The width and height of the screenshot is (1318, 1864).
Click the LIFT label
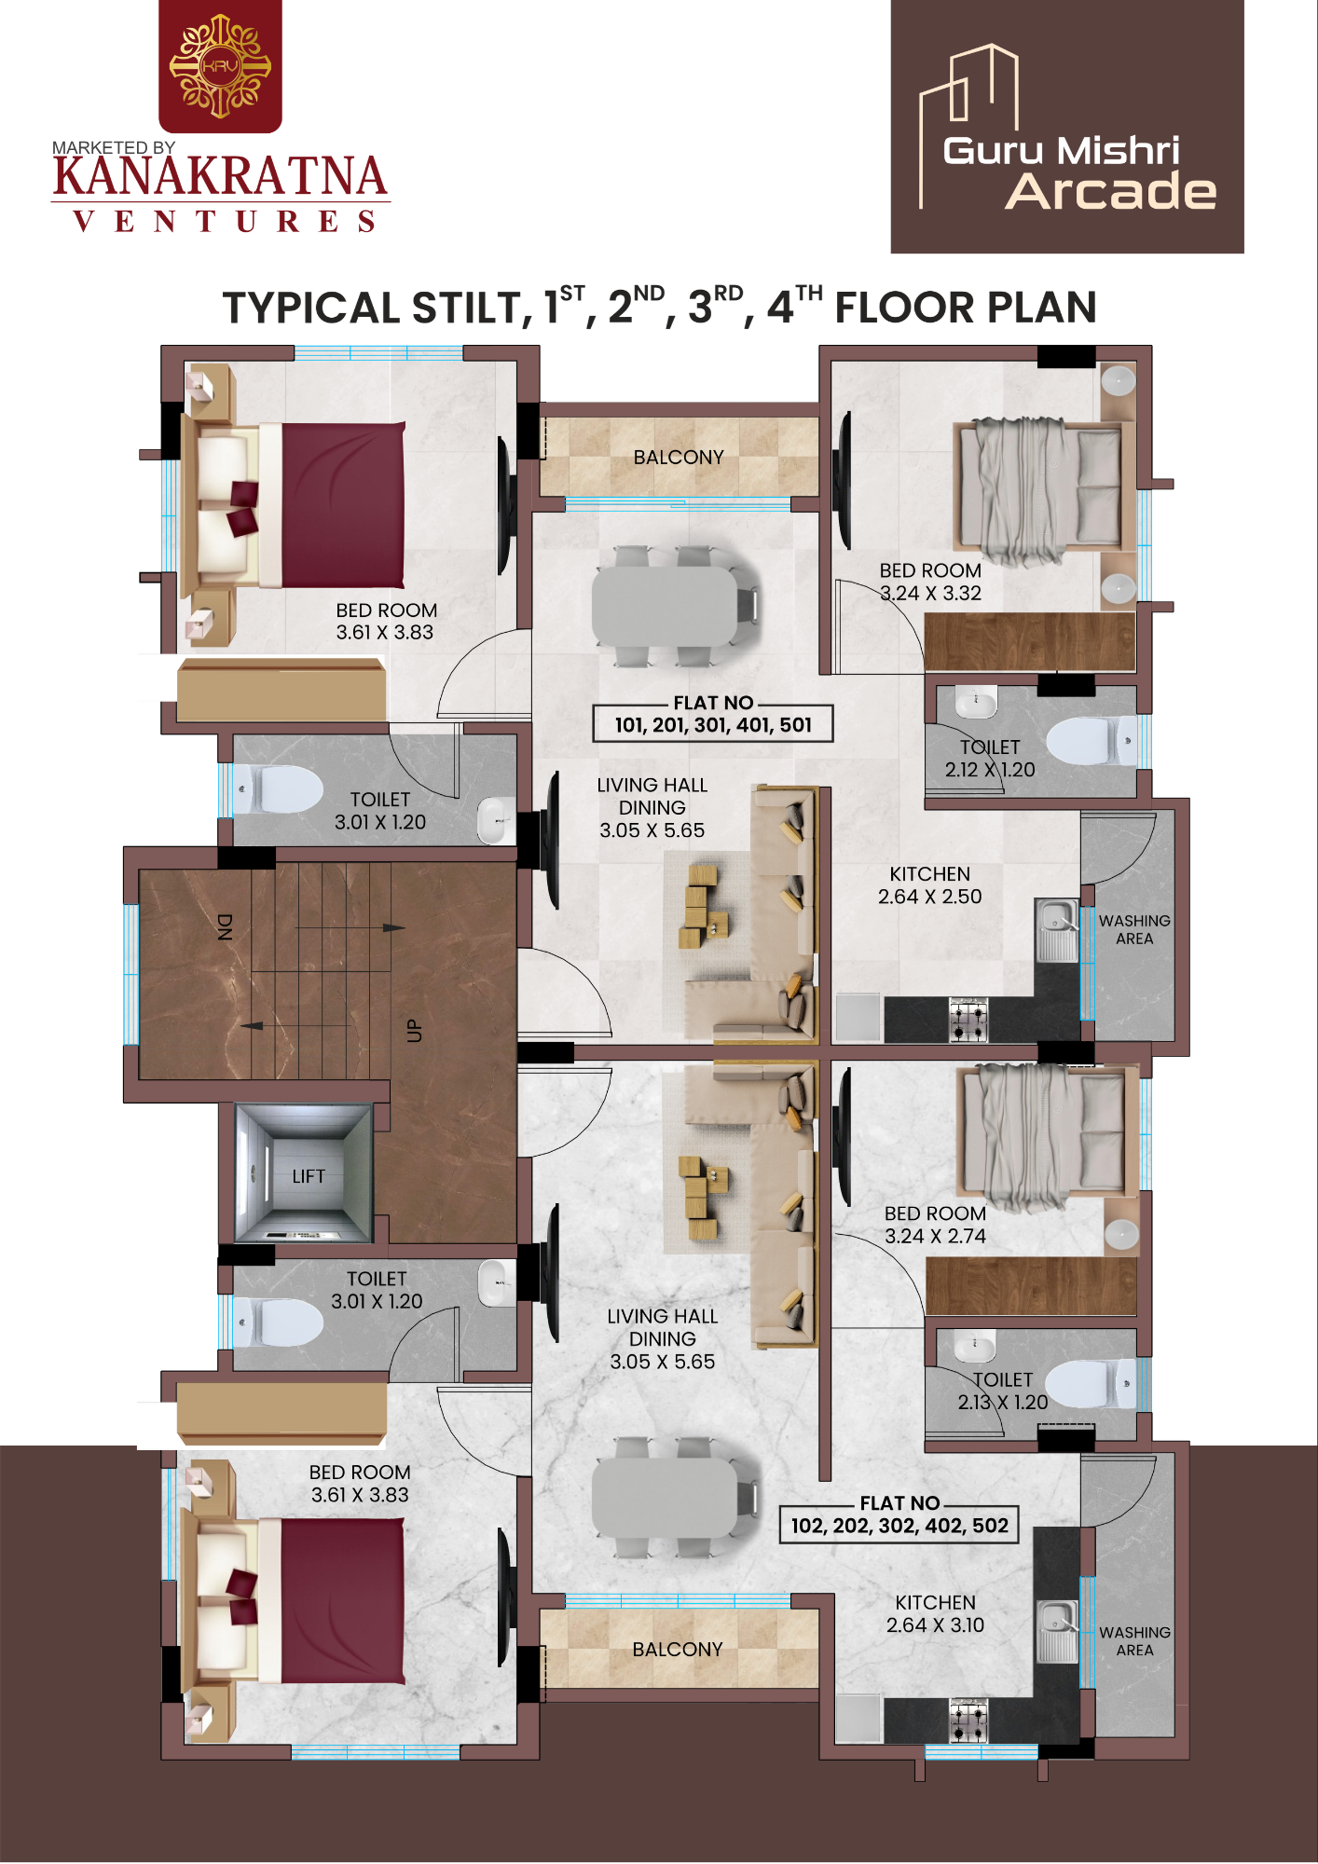(x=309, y=1176)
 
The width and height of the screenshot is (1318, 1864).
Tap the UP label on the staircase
(x=414, y=1031)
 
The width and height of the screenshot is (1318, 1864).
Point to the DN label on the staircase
(x=224, y=926)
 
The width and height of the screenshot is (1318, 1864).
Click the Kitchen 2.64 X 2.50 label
(x=929, y=885)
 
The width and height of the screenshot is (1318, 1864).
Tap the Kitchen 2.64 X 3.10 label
(x=935, y=1613)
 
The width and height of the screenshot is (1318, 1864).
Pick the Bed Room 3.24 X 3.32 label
(x=930, y=582)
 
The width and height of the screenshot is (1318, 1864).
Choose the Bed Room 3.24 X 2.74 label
(x=935, y=1225)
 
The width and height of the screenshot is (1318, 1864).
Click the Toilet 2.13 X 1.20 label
(x=1003, y=1391)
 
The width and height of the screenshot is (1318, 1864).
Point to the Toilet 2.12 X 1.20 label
(x=990, y=759)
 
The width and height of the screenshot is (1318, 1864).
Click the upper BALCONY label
(x=679, y=458)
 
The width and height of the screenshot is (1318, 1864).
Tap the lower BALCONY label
(x=678, y=1650)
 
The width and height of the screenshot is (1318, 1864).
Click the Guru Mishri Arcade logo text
(x=1079, y=172)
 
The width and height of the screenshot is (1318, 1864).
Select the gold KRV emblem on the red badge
(x=220, y=66)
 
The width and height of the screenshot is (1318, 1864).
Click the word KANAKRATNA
(x=220, y=177)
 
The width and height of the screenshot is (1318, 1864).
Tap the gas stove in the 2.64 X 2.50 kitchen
(x=968, y=1020)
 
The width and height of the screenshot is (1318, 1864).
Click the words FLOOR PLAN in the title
(x=966, y=308)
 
